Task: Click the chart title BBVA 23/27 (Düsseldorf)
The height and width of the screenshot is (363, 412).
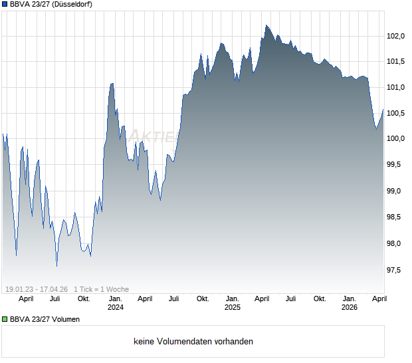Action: point(51,4)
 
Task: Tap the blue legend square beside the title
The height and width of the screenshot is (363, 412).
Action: point(5,4)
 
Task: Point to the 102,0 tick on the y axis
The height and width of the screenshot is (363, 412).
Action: point(396,36)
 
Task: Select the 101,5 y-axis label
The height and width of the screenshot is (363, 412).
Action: point(396,62)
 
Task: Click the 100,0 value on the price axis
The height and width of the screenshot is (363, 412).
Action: point(396,139)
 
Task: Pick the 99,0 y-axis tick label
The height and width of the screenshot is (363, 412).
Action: point(396,191)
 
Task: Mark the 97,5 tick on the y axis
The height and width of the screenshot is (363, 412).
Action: point(396,270)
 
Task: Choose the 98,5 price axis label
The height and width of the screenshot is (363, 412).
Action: point(396,217)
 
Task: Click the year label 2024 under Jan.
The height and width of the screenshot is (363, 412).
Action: point(116,307)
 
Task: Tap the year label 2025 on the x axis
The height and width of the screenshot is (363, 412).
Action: point(233,307)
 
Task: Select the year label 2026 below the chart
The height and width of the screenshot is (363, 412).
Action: point(350,307)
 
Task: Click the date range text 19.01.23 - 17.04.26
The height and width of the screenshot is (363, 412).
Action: point(37,289)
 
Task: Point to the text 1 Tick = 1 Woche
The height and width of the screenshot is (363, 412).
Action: point(102,289)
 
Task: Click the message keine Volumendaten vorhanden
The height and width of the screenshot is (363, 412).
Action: point(193,342)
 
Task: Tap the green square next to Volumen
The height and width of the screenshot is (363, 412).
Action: point(5,319)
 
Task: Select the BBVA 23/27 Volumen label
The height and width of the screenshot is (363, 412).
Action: point(45,319)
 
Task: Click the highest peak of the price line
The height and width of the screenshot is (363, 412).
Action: point(266,25)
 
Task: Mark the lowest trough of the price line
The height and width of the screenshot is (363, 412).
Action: point(56,266)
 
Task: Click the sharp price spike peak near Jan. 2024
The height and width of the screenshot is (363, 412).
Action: point(112,83)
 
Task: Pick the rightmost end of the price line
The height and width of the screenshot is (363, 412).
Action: point(383,110)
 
